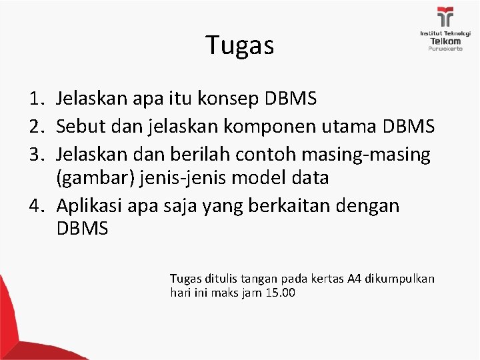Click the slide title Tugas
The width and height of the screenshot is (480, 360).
tap(240, 45)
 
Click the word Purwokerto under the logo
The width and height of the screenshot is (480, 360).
tap(445, 49)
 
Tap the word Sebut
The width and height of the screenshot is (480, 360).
tap(79, 127)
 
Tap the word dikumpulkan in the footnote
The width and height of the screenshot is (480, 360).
tap(400, 278)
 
